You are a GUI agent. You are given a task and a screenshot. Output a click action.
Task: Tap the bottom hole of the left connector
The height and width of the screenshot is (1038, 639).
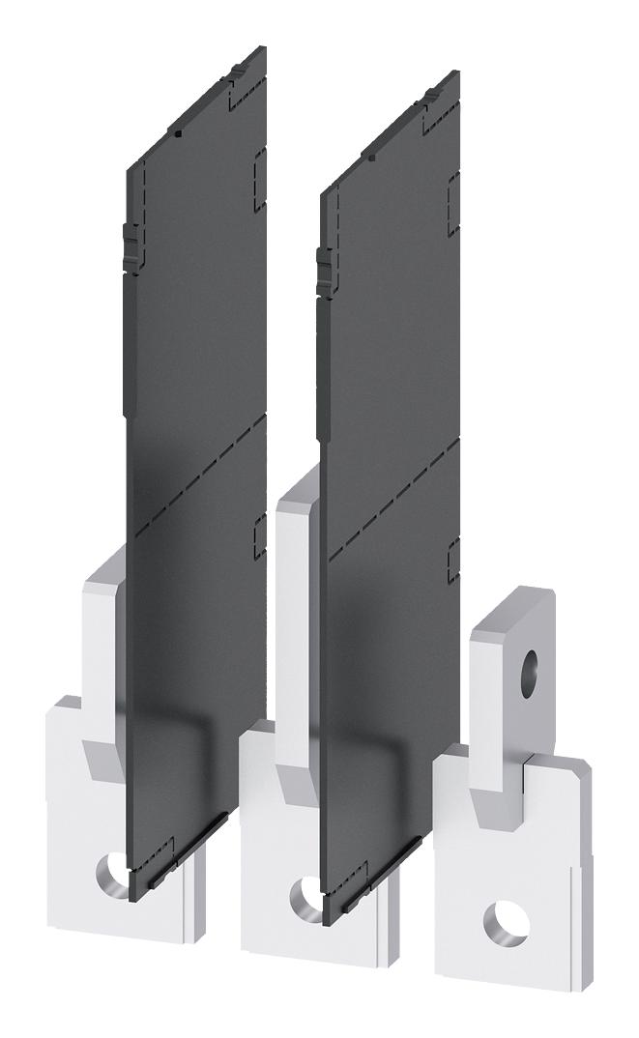[x=112, y=873]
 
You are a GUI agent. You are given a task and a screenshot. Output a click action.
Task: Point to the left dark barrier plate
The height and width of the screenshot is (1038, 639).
[x=196, y=387]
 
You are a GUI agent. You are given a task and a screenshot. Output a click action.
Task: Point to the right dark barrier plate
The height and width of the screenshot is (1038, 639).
[x=390, y=406]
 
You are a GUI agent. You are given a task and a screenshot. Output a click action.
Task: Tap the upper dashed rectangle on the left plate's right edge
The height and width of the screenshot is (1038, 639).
[x=258, y=180]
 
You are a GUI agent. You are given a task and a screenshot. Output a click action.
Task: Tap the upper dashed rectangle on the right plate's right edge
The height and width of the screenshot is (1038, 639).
[x=452, y=206]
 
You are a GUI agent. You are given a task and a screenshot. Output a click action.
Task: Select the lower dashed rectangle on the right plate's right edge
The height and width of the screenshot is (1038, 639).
[x=452, y=563]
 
